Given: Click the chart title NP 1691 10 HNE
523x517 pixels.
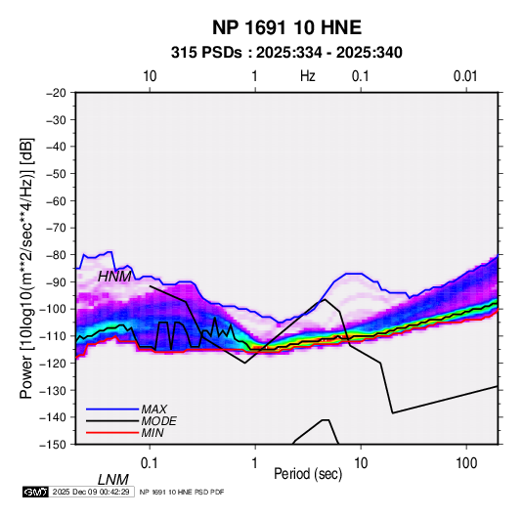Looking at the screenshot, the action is click(286, 27).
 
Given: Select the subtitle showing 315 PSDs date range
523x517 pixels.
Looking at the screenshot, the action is click(286, 53).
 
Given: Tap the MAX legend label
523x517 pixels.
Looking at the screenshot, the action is click(153, 409).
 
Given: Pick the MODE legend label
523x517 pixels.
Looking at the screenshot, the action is click(158, 421).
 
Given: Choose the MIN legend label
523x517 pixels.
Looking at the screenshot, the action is click(153, 433).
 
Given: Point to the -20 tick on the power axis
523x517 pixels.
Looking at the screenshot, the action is click(56, 93).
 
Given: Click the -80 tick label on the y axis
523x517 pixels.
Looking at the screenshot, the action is click(56, 255).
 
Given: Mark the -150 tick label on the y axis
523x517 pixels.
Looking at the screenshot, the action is click(53, 445).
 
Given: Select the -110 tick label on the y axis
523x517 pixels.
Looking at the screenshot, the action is click(53, 336).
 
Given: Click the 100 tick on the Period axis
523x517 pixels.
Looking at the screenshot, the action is click(466, 463).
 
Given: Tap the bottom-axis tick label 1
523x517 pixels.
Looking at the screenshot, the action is click(255, 463).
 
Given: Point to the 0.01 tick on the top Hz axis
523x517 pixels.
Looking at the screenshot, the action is click(465, 76).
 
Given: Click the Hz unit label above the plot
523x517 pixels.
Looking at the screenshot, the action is click(308, 76).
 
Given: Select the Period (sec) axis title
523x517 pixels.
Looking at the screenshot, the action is click(308, 474).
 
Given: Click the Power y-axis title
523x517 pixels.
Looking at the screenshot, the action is click(26, 269).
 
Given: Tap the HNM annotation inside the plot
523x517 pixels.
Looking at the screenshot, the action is click(114, 277).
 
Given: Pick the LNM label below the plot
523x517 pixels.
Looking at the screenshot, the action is click(113, 480).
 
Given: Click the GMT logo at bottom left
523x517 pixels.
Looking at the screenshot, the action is click(36, 492).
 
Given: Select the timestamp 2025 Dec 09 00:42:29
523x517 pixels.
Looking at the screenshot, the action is click(91, 492).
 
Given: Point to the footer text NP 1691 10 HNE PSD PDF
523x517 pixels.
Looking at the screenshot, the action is click(182, 492).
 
